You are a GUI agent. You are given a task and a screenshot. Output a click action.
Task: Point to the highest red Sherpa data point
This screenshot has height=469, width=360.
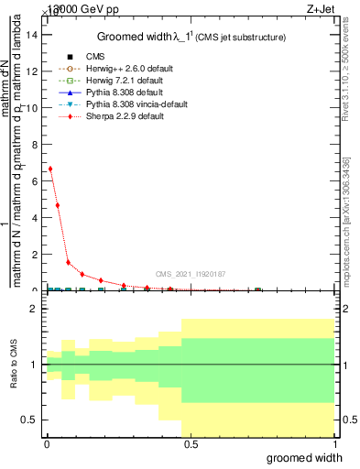50,169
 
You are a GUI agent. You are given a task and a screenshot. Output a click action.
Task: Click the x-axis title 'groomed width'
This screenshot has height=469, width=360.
311,456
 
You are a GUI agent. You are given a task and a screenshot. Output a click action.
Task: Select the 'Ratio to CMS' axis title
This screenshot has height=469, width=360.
13,365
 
